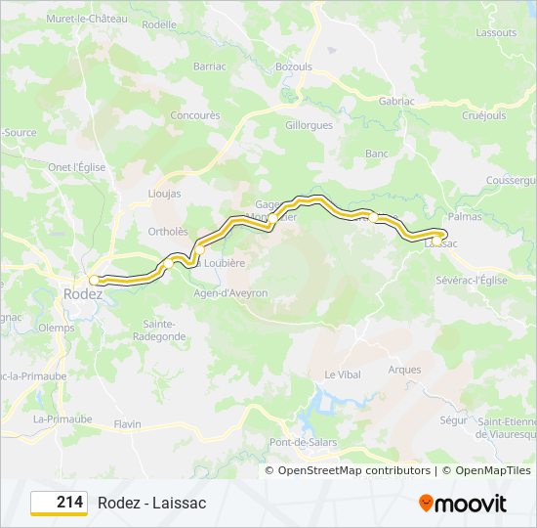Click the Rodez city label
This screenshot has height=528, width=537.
point(82,293)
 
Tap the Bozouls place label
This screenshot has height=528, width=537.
point(293,66)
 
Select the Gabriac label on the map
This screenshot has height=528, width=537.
point(396,101)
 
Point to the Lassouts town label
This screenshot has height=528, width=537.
point(496,32)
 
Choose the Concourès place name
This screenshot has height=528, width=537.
point(195,115)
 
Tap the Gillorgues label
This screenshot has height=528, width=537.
point(310,126)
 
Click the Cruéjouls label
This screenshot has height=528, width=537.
point(482,115)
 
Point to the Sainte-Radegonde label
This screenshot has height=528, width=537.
point(164,330)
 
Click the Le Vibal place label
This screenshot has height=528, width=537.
point(343,374)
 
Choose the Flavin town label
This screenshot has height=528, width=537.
point(127,424)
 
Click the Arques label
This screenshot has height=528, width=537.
point(404,370)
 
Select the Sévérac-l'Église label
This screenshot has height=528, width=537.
point(472,280)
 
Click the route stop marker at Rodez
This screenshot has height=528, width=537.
point(95,280)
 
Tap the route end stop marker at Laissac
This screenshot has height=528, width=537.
point(439,236)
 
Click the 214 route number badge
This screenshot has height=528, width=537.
point(60,503)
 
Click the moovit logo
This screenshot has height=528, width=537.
point(463,504)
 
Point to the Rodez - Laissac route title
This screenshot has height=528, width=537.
point(151,503)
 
